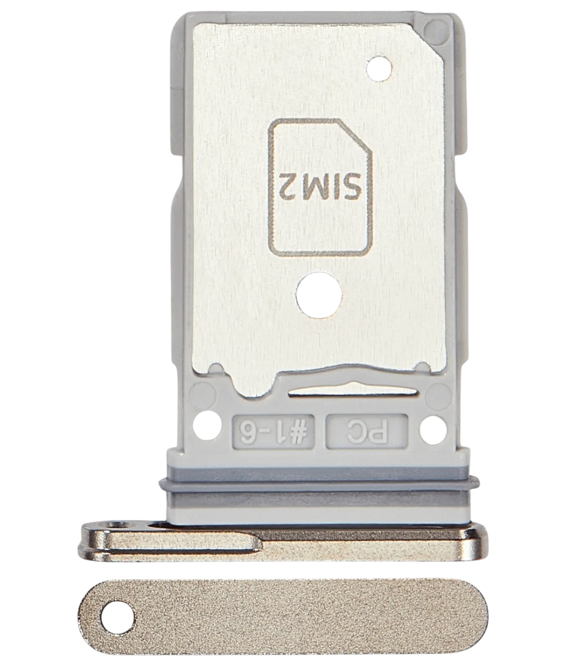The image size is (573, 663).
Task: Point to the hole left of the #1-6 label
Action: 207,426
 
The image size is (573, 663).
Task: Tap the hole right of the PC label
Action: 433,428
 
